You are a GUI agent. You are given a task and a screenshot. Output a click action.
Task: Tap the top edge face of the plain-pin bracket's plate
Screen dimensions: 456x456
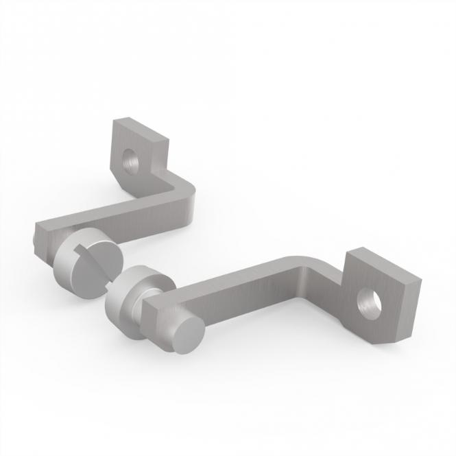coord(384,262)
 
